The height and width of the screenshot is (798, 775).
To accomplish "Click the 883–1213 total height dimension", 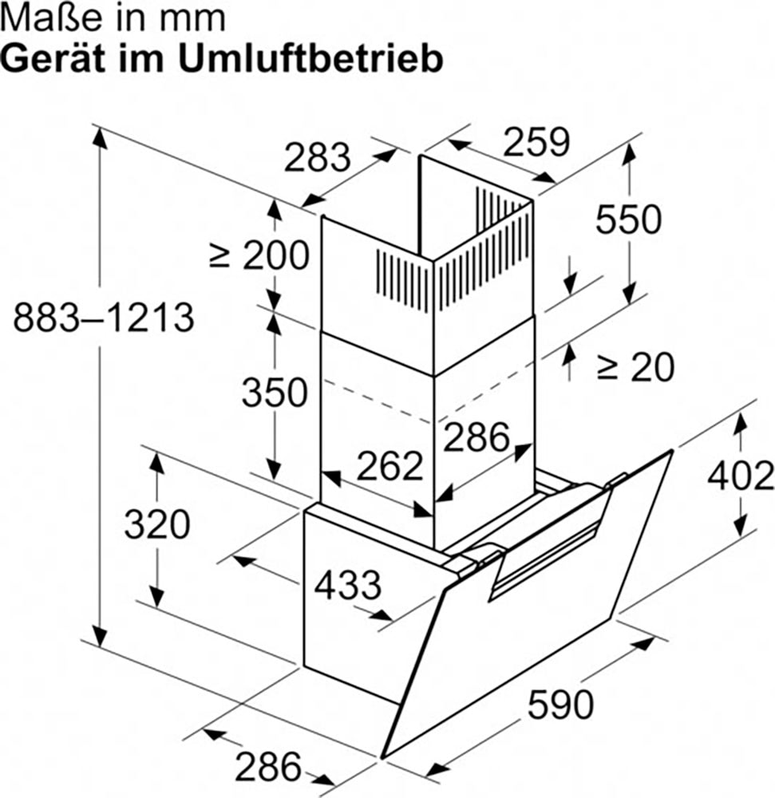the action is tap(104, 318).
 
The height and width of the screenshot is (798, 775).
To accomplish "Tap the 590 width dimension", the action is tap(560, 705).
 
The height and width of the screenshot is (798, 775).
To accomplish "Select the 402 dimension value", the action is tap(741, 476).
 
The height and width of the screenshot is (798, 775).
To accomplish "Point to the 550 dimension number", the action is tap(628, 219).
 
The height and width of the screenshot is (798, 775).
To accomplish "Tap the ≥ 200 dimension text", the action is tap(260, 255).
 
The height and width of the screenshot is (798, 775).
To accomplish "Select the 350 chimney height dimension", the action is tap(275, 393).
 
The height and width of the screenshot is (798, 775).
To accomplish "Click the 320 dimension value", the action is tap(157, 525).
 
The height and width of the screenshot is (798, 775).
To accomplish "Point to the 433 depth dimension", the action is tap(347, 585).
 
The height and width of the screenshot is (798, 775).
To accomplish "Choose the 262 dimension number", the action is tap(389, 466).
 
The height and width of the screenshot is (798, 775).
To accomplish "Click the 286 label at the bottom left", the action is tap(268, 766).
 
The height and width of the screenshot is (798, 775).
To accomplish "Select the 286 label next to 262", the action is tap(476, 437).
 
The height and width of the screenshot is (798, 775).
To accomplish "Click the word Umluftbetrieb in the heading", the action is tap(311, 60).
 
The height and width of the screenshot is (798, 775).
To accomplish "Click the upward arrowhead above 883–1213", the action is tap(101, 138).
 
